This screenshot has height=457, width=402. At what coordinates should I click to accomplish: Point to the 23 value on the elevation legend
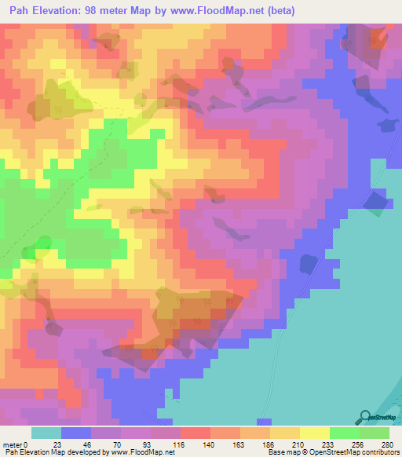[62, 445]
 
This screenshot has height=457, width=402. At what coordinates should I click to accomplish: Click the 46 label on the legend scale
[92, 445]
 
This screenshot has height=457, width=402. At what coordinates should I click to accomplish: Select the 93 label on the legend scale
[152, 445]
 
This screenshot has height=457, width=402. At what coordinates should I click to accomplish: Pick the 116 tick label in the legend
[181, 445]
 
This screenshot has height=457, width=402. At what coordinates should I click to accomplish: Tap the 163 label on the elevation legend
[241, 445]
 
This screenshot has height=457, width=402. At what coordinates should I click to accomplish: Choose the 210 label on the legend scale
[301, 445]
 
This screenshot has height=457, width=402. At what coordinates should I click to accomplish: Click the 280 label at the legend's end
[389, 445]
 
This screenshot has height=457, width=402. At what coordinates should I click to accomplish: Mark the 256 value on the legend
[360, 445]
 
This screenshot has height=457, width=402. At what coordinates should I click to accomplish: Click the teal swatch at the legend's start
[46, 433]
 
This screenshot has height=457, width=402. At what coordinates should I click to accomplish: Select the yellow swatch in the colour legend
[315, 433]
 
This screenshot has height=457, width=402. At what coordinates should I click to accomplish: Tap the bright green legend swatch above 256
[345, 433]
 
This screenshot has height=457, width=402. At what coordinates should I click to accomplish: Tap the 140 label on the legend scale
[211, 445]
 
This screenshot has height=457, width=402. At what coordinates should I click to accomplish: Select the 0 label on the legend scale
[32, 445]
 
